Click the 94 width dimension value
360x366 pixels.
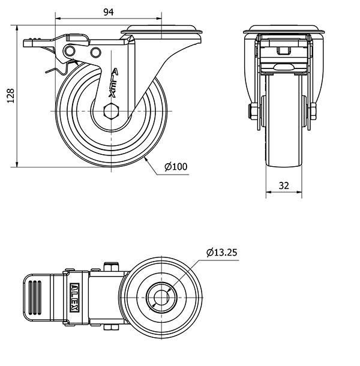(x=108, y=12)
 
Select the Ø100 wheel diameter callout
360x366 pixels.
(x=175, y=166)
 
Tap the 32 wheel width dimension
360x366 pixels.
(x=284, y=186)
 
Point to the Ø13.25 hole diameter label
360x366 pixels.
(x=221, y=253)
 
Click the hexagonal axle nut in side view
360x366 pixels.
(x=110, y=112)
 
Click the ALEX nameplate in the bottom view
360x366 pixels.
(x=74, y=296)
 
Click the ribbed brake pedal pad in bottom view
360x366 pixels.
(x=36, y=296)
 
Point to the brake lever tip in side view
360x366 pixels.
(x=28, y=42)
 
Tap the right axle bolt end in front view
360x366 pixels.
(x=313, y=112)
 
